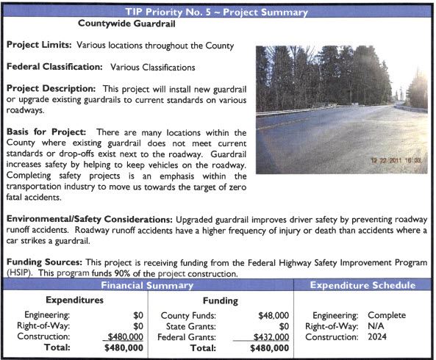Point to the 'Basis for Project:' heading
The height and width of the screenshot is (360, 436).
51,131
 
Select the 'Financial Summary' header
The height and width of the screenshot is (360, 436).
147,284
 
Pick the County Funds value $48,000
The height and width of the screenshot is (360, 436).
274,315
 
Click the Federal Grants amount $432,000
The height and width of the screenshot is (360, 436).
271,336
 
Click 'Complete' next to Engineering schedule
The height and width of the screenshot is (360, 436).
387,315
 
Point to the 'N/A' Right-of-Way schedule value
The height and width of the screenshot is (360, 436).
376,325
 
